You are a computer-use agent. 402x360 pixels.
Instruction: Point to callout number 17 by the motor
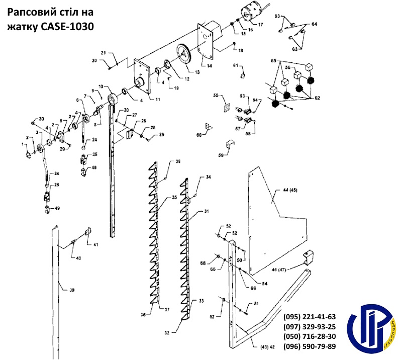coord(260,24)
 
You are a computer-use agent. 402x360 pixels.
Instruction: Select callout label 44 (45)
coord(290,190)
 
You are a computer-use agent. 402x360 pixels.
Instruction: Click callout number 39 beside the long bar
coord(72,290)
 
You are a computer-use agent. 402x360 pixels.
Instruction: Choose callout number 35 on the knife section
coord(174,198)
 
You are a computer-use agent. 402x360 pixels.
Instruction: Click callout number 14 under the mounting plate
coord(209,66)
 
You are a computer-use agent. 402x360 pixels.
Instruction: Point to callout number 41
coord(95,244)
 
